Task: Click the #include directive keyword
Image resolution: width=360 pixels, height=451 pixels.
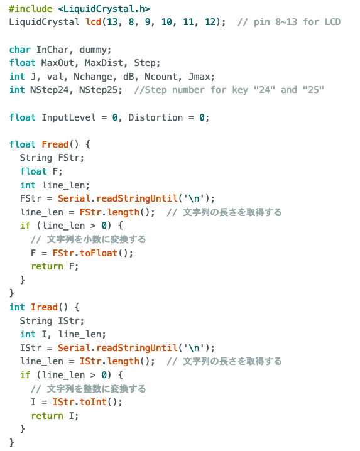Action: [x=31, y=9]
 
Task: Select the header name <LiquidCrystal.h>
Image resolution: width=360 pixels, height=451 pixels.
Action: [x=104, y=9]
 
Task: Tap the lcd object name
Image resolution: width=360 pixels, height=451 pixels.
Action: [x=94, y=22]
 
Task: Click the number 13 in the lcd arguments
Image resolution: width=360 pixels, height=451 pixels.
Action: [x=112, y=22]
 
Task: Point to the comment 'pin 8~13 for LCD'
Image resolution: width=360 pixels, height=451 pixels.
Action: [x=297, y=22]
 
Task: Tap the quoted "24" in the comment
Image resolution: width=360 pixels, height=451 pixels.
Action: [x=264, y=90]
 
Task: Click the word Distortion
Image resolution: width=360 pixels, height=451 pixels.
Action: [x=155, y=117]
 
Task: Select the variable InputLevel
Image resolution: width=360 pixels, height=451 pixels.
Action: [x=68, y=117]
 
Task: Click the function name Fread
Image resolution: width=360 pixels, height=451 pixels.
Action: [x=55, y=144]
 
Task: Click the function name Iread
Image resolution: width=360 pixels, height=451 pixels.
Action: [x=45, y=307]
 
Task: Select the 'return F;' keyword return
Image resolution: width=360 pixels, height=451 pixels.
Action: [x=47, y=266]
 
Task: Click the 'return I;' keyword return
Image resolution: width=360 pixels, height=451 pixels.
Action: [x=47, y=416]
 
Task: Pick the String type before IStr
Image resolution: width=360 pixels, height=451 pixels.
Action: [x=36, y=321]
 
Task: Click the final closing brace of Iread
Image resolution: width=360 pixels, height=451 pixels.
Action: [x=12, y=442]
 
